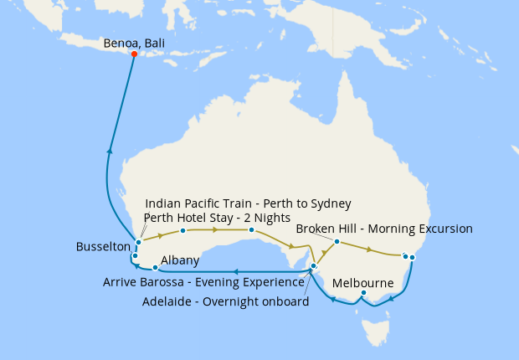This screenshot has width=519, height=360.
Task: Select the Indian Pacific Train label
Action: pyautogui.click(x=248, y=203)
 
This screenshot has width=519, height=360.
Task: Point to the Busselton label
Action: pyautogui.click(x=103, y=247)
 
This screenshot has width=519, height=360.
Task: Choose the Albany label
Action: pyautogui.click(x=180, y=260)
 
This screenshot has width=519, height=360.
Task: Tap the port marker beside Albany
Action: pyautogui.click(x=155, y=268)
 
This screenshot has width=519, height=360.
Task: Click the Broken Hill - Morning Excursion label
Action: pyautogui.click(x=384, y=229)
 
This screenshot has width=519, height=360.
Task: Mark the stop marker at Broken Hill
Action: pyautogui.click(x=337, y=242)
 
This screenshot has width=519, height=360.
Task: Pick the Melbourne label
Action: pyautogui.click(x=363, y=283)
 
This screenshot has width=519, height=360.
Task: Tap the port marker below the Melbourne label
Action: pyautogui.click(x=363, y=293)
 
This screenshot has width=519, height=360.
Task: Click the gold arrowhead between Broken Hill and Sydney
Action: pyautogui.click(x=369, y=249)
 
